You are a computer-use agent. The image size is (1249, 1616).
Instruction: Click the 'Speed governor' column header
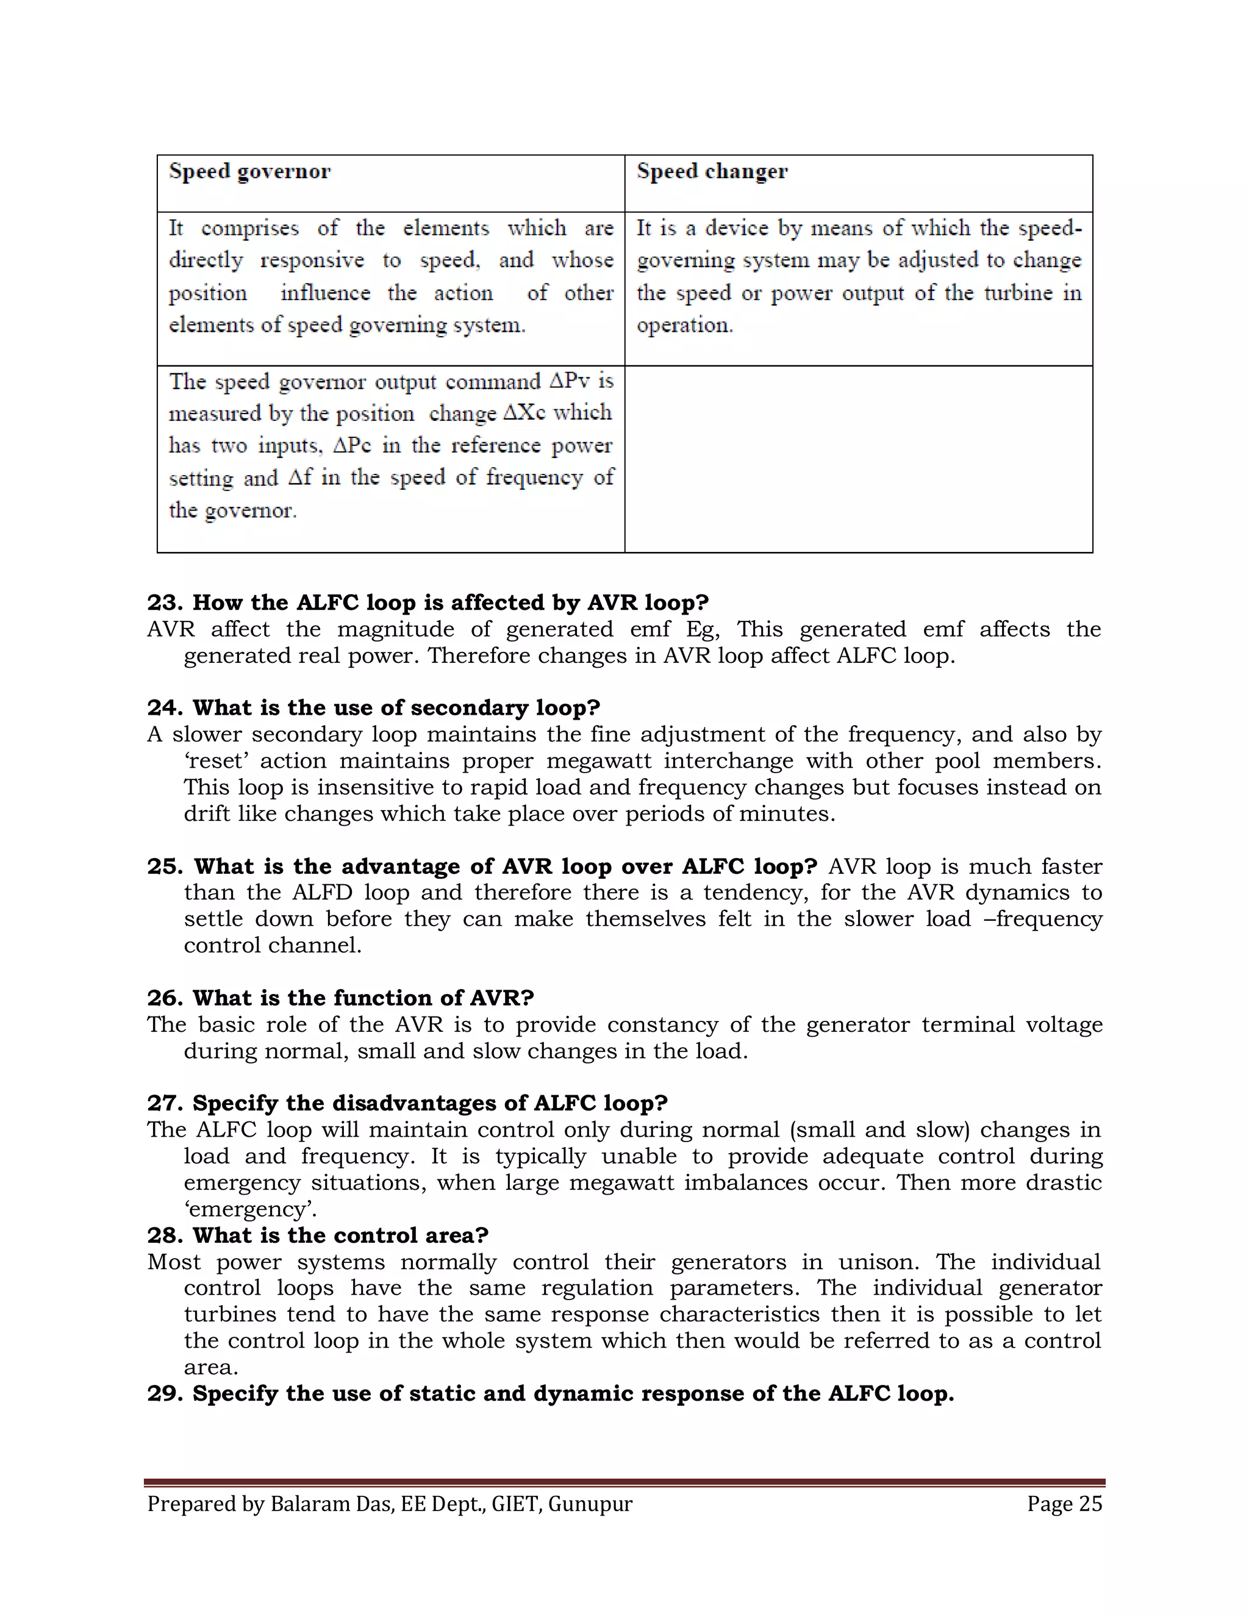pos(249,172)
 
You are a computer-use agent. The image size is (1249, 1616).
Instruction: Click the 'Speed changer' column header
pos(712,172)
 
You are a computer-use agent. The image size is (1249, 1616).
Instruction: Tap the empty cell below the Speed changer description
pos(858,459)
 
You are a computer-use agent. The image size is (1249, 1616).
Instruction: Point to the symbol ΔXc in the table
pos(524,413)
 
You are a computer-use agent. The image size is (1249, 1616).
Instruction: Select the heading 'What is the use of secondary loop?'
pos(396,708)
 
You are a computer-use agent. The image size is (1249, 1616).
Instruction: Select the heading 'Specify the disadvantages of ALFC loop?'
pos(430,1103)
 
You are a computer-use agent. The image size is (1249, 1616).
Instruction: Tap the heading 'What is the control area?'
pos(340,1235)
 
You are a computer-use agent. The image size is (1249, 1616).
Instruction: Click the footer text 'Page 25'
pos(1064,1504)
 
